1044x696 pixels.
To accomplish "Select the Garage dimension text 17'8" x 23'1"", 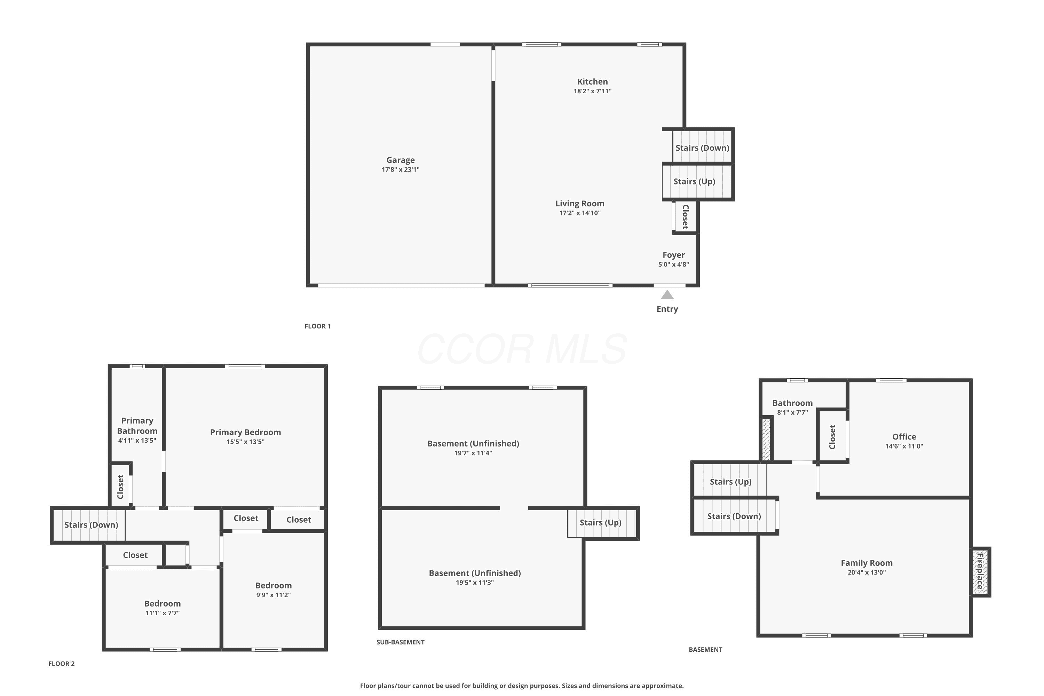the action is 401,169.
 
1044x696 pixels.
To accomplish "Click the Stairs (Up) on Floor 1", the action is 697,182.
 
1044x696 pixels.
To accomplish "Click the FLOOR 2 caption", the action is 61,664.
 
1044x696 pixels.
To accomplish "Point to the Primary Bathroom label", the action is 137,426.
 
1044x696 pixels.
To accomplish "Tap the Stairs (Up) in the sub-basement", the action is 602,523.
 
